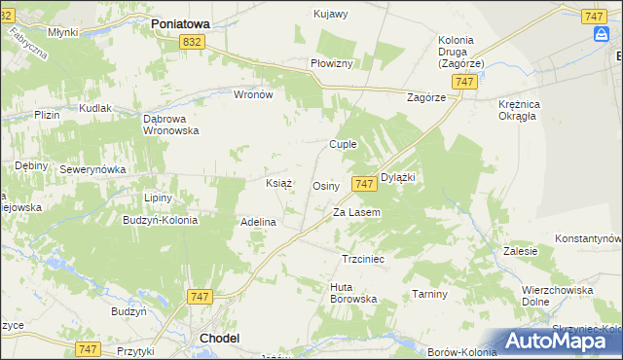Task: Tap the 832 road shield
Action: [x=193, y=41]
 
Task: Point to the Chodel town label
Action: [x=219, y=338]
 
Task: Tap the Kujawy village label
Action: [x=331, y=14]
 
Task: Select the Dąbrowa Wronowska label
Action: [x=170, y=124]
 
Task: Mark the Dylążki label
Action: [x=398, y=177]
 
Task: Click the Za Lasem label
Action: [x=356, y=212]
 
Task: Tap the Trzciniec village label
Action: [x=364, y=260]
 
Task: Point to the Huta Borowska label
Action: [x=353, y=293]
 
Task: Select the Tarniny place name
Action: [x=429, y=293]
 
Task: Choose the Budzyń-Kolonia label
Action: [x=161, y=220]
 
